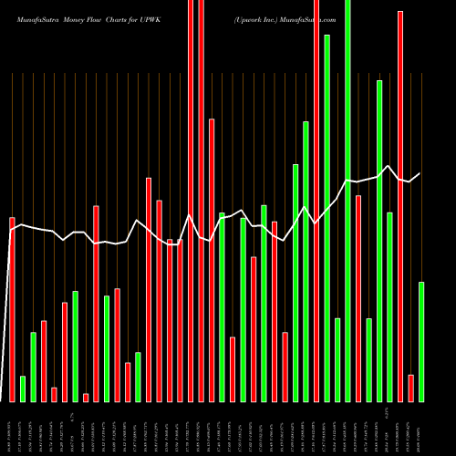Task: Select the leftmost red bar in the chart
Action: click(x=12, y=310)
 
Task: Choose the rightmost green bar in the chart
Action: click(x=421, y=342)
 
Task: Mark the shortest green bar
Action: click(x=23, y=389)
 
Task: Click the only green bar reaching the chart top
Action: click(x=347, y=201)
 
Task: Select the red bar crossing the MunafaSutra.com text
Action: click(x=316, y=201)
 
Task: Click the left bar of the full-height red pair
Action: click(x=191, y=201)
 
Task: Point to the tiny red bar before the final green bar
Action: click(x=411, y=388)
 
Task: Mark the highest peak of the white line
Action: click(x=389, y=165)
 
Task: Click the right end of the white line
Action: click(x=420, y=173)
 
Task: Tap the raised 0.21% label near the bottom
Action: click(x=390, y=415)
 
